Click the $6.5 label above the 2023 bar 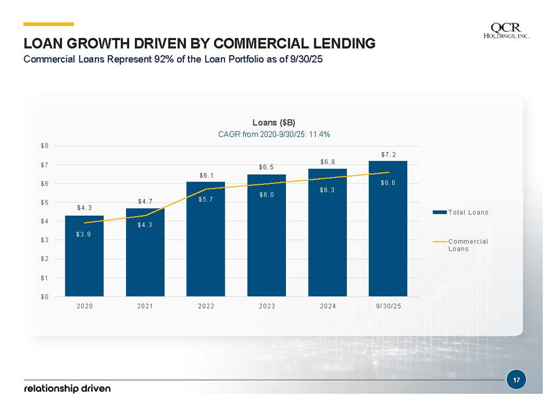[266, 167]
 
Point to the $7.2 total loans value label [388, 155]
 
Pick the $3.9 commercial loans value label [83, 234]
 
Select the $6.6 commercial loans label [388, 183]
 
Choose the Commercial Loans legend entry [468, 245]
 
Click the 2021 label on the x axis [145, 306]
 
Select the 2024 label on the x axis [328, 306]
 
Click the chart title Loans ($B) [274, 123]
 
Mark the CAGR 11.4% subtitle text [274, 134]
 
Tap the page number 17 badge [515, 380]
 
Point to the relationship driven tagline [67, 388]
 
